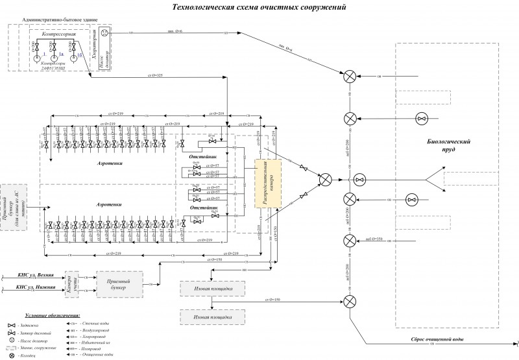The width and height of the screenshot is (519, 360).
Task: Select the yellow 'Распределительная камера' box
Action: click(x=267, y=184)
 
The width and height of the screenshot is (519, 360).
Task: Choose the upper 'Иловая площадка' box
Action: click(x=212, y=287)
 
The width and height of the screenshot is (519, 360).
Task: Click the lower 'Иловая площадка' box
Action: click(x=212, y=317)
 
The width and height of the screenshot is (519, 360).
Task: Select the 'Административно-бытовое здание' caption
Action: click(x=58, y=20)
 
